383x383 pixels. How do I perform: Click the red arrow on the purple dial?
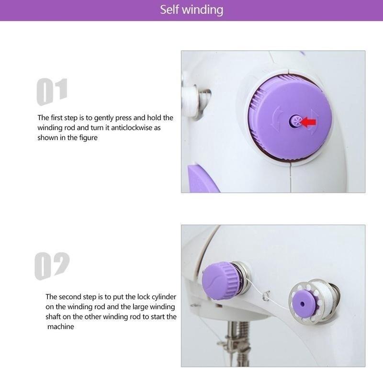(309, 123)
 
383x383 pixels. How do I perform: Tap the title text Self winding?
(191, 10)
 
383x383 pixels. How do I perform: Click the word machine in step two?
(61, 327)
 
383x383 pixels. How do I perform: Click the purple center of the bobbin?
(303, 304)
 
